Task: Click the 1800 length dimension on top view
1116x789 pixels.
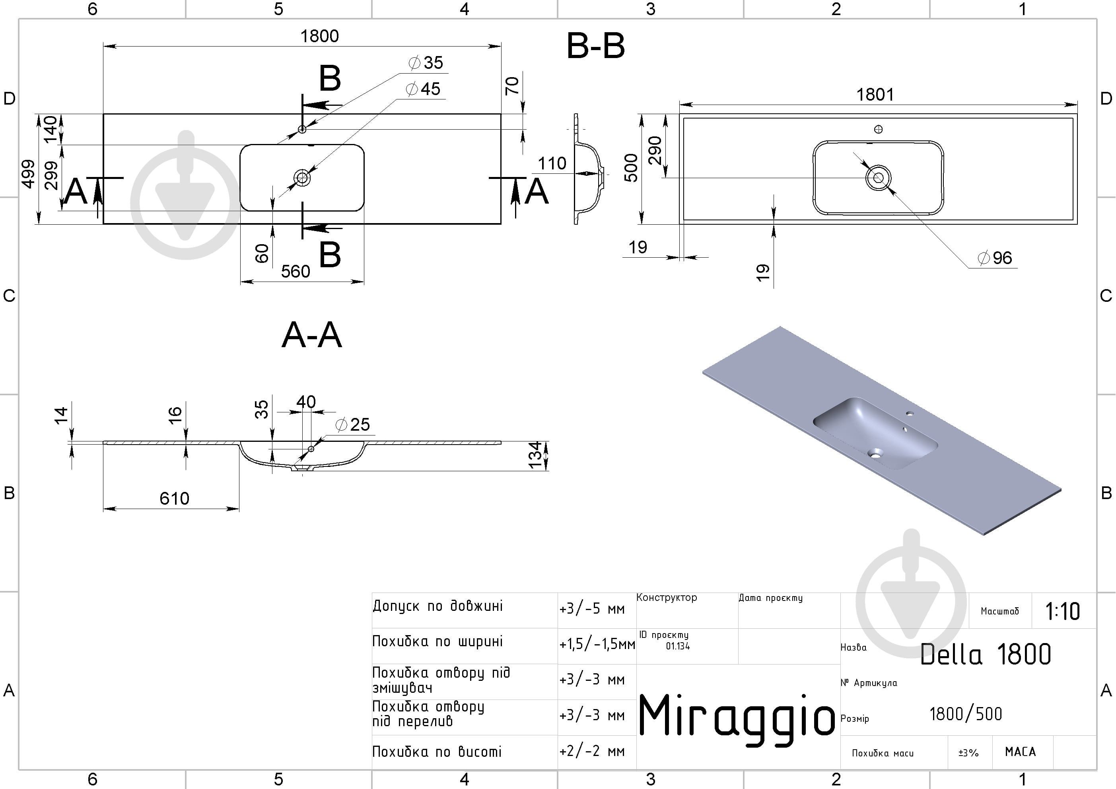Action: (x=319, y=36)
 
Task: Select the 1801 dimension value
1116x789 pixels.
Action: (x=875, y=94)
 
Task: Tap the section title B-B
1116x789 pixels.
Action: (x=595, y=46)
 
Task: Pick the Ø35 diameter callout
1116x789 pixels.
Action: (x=426, y=63)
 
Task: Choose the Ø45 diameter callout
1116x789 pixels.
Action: (x=423, y=89)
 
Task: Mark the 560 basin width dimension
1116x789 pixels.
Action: (x=296, y=271)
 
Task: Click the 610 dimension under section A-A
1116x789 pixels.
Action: (x=175, y=498)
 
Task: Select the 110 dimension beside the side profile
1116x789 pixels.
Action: (x=552, y=163)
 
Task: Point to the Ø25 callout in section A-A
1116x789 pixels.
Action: (x=353, y=424)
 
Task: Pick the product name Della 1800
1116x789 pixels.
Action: (x=986, y=654)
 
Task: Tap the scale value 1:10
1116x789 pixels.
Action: (x=1063, y=612)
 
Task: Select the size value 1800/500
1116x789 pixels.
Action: (x=966, y=714)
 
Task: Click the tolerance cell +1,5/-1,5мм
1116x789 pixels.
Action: (x=597, y=645)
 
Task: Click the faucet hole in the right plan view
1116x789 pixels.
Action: (x=878, y=129)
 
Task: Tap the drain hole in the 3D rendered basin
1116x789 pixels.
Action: (x=875, y=455)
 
